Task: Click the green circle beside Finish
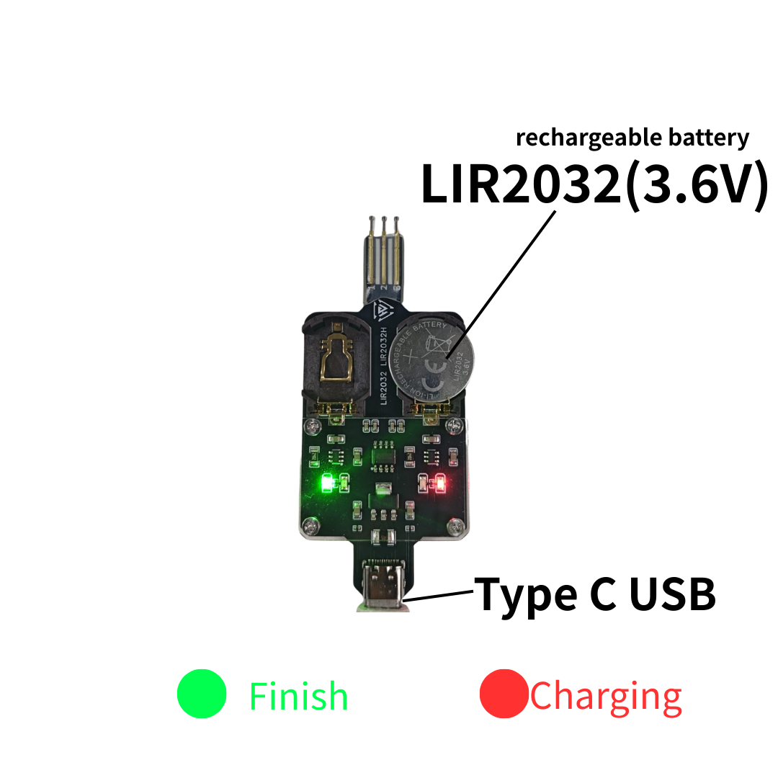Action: (202, 694)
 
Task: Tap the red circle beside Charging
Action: (504, 694)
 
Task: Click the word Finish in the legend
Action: (298, 697)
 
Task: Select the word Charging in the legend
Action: (606, 697)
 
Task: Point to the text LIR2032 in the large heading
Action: (519, 184)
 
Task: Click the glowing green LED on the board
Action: (326, 482)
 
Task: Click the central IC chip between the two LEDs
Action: (382, 457)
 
